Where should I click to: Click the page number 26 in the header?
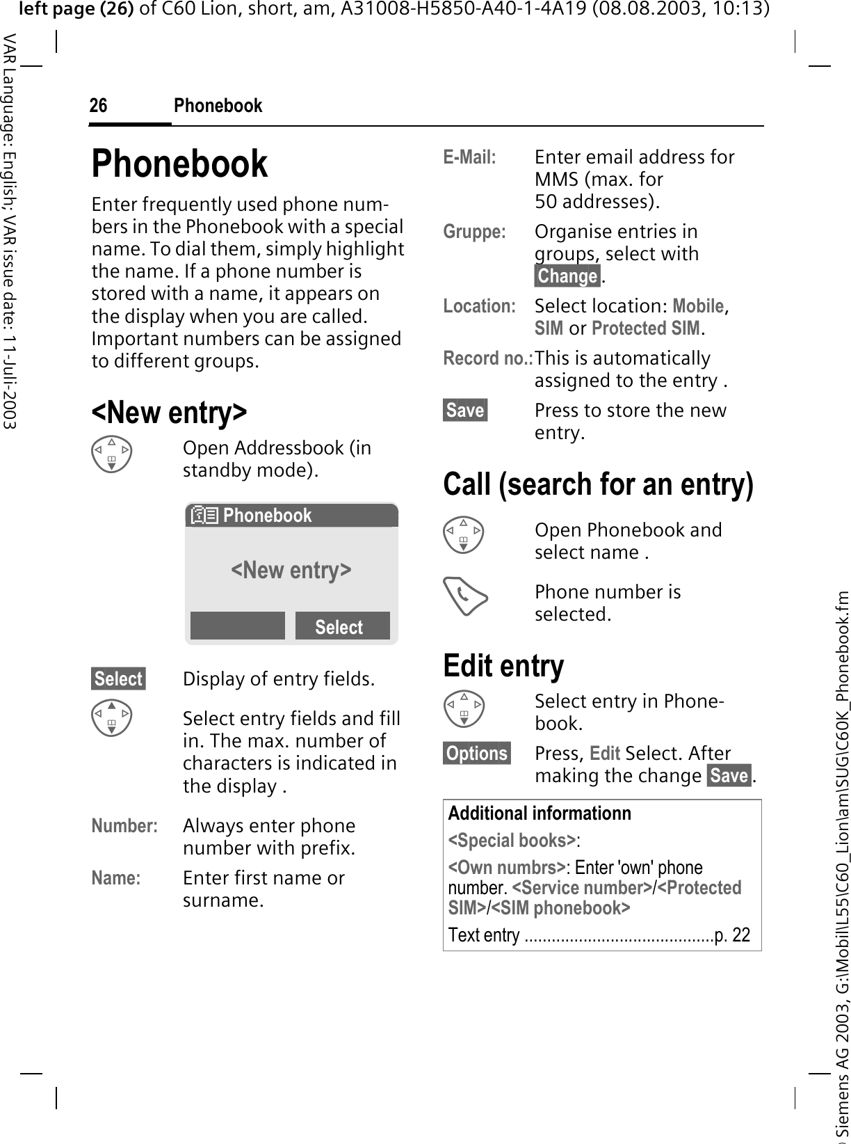click(98, 106)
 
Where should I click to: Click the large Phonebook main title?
click(179, 164)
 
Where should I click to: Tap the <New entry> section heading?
click(169, 412)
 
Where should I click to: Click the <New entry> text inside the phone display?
click(291, 570)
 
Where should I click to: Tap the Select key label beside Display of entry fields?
click(118, 678)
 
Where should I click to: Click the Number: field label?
click(124, 826)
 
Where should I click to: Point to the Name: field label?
click(115, 878)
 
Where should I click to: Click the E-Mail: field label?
click(470, 157)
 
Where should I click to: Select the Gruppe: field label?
click(474, 232)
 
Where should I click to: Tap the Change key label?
click(567, 276)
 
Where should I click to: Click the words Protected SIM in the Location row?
click(646, 328)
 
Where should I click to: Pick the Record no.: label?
click(487, 358)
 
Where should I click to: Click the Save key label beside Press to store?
click(465, 411)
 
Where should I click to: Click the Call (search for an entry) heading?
click(598, 484)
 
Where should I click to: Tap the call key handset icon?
click(465, 598)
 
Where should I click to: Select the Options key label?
click(477, 754)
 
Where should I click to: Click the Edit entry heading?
click(503, 665)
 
